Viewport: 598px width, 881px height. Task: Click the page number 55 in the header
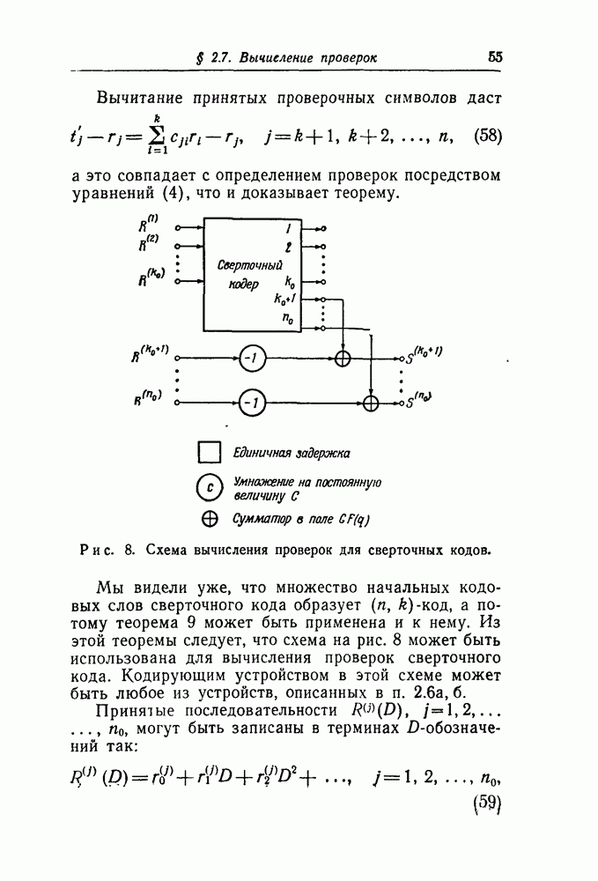click(x=495, y=57)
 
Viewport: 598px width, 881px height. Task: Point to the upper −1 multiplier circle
click(x=252, y=359)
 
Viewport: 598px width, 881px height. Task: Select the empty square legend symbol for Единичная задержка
click(x=209, y=453)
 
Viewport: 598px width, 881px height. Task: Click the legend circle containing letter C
click(x=209, y=488)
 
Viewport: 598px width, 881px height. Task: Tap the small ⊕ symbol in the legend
click(x=210, y=518)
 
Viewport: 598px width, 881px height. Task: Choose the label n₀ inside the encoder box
click(x=287, y=321)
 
